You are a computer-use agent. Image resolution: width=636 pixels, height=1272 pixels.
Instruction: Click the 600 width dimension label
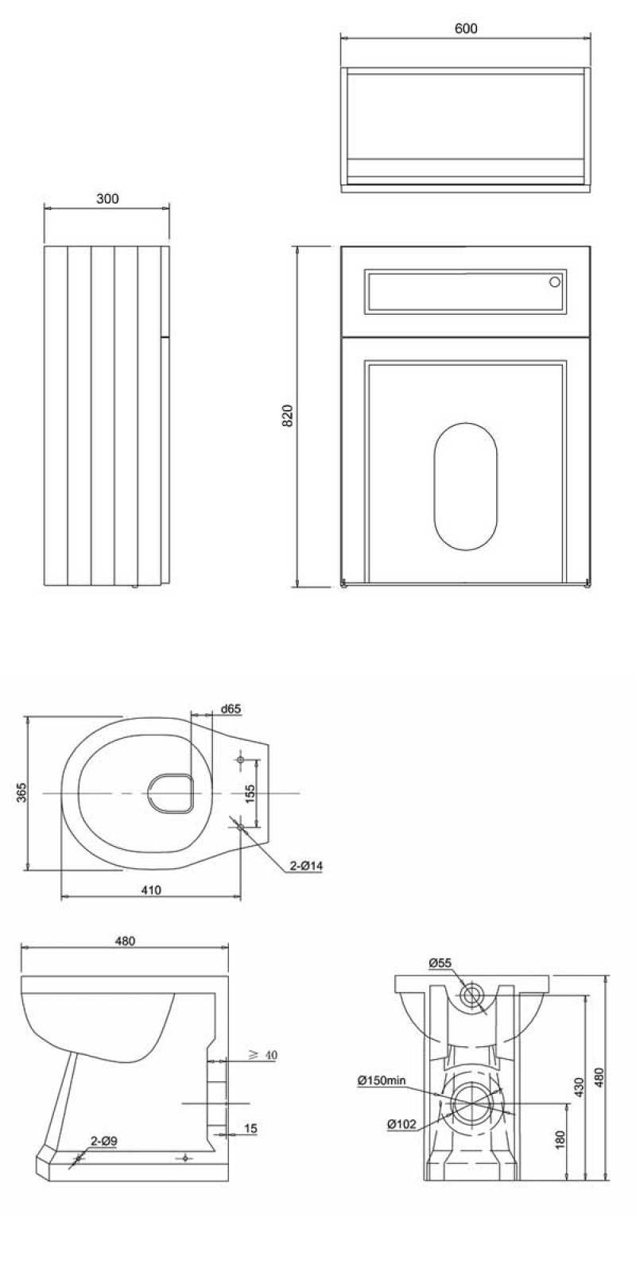(x=466, y=28)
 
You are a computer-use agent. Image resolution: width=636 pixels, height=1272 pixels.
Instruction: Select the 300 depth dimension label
(x=107, y=198)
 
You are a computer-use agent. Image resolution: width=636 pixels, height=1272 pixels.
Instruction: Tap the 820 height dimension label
(x=288, y=416)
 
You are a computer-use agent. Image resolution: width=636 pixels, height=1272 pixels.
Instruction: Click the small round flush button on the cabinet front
(x=555, y=282)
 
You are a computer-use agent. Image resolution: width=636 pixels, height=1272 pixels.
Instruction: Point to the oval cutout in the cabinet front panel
(x=466, y=486)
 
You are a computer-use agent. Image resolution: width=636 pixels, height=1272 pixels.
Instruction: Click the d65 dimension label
(x=231, y=708)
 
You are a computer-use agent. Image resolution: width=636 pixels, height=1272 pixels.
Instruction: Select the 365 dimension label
(x=21, y=793)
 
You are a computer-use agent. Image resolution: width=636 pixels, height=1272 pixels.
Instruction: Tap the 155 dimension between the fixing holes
(x=250, y=793)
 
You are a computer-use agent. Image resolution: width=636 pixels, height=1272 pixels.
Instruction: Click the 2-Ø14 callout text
(x=306, y=867)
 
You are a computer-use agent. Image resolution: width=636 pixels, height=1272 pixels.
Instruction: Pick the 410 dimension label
(x=151, y=890)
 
